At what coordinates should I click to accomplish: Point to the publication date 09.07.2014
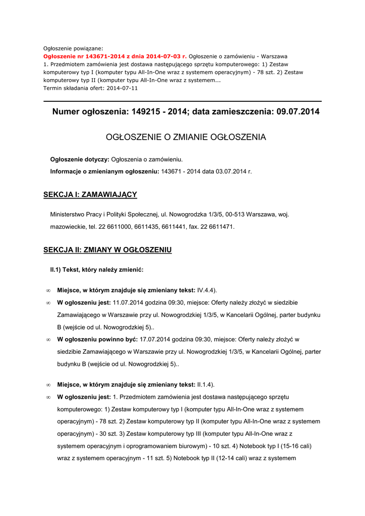point(298,111)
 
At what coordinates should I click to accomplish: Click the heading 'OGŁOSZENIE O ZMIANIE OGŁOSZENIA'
point(186,137)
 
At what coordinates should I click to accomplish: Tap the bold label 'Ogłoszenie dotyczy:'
point(80,160)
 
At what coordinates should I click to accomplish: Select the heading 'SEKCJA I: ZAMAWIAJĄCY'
point(90,195)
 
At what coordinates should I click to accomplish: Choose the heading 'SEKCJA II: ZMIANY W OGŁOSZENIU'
point(107,250)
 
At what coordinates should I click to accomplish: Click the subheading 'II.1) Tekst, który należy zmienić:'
point(97,270)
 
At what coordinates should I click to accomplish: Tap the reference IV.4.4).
point(207,290)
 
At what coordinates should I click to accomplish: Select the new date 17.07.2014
point(156,339)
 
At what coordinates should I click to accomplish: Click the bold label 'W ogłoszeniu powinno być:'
point(97,339)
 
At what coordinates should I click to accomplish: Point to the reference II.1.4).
point(206,384)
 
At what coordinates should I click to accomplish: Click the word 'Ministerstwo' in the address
point(69,214)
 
